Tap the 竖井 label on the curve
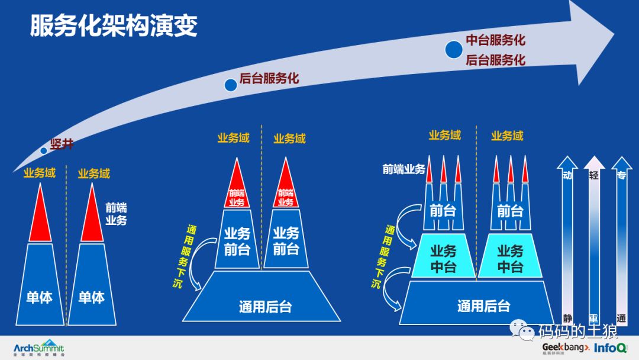[x=61, y=144]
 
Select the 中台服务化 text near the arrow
[x=495, y=40]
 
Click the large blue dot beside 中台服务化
[x=454, y=50]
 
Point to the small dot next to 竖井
[x=43, y=151]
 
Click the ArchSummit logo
[x=38, y=348]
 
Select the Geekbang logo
[x=565, y=348]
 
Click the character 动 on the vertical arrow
[x=567, y=175]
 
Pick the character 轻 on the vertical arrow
[x=594, y=175]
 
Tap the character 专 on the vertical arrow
[x=621, y=175]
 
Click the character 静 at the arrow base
[x=567, y=318]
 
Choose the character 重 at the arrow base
[x=594, y=318]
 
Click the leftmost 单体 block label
[x=40, y=297]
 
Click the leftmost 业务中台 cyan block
[x=443, y=258]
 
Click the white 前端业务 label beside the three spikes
[x=404, y=169]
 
